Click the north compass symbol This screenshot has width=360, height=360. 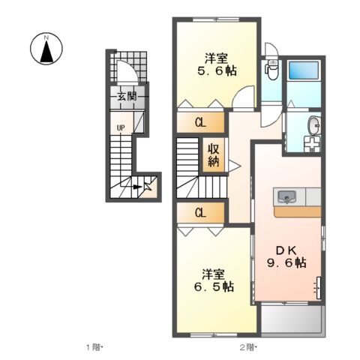(x=46, y=49)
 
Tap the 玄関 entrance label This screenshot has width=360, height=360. (x=127, y=96)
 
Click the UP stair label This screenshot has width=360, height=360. (x=121, y=128)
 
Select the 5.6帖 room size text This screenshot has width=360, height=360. (x=217, y=71)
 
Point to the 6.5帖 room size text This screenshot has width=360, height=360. (x=214, y=286)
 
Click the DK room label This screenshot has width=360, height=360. (x=286, y=250)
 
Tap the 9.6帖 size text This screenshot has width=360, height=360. (x=286, y=262)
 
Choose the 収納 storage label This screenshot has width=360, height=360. (x=214, y=155)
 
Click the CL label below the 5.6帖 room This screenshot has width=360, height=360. (x=200, y=123)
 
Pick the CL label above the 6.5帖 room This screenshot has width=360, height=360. (x=200, y=213)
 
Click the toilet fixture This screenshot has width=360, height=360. (x=271, y=69)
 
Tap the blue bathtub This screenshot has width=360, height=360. (x=304, y=70)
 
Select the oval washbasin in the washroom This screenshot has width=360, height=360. (x=315, y=124)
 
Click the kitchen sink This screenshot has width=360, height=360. (x=287, y=196)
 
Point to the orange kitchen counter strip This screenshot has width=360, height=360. (x=297, y=211)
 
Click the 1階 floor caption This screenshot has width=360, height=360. (x=93, y=347)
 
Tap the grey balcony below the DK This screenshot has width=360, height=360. (x=292, y=319)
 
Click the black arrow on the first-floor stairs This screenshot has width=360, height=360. (x=137, y=187)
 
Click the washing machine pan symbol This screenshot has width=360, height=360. (x=312, y=144)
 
